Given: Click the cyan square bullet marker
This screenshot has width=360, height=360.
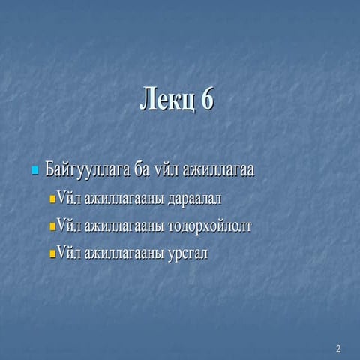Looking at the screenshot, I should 34,172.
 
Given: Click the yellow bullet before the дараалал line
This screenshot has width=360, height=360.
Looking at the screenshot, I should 52,200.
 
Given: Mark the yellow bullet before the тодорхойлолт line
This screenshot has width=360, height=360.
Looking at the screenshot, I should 52,227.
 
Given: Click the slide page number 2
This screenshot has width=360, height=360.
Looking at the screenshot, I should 338,349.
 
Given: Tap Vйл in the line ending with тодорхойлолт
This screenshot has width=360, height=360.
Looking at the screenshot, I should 70,226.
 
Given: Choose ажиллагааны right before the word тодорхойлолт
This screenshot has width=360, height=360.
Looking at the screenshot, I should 126,226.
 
